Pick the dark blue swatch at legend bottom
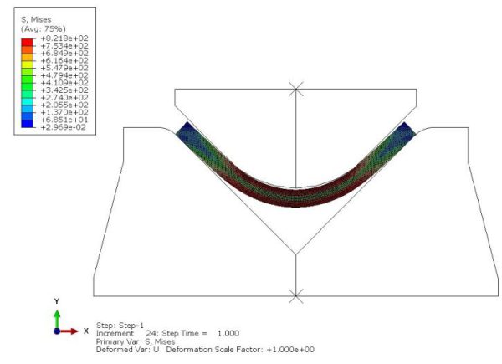coord(26,125)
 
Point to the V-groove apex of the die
coord(295,254)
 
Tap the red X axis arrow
coord(71,331)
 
